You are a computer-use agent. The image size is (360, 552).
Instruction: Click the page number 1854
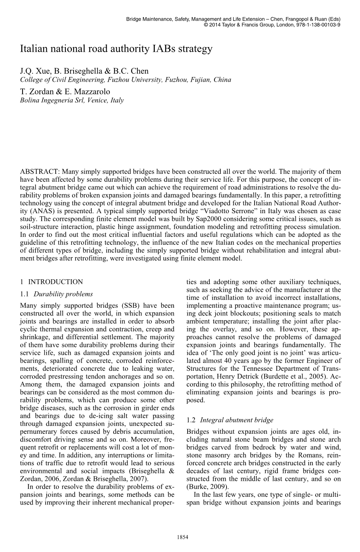[183, 537]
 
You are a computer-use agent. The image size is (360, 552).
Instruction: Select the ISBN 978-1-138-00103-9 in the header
[318, 24]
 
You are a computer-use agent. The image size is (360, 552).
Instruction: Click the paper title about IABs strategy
[116, 49]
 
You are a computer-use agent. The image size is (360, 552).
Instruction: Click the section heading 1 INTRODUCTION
[51, 282]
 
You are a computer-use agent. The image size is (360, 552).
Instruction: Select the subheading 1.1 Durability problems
[56, 294]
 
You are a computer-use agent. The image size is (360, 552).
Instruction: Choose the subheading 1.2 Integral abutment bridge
[230, 420]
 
